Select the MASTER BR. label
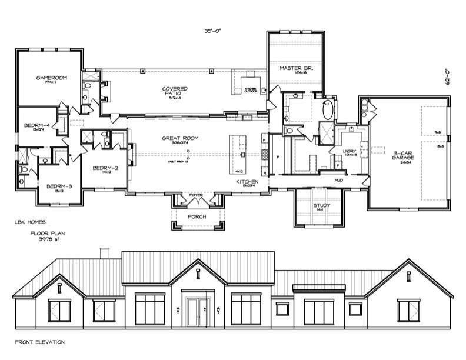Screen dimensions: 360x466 [x=296, y=68]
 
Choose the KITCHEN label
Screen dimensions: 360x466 [x=247, y=182]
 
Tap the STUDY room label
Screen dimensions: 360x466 [x=321, y=205]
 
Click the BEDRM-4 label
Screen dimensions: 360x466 [x=36, y=125]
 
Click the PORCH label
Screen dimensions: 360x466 [x=197, y=216]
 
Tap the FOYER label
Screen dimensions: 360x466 [x=195, y=195]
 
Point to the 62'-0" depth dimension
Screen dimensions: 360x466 [x=448, y=77]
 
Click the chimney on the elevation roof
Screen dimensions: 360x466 [x=105, y=253]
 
